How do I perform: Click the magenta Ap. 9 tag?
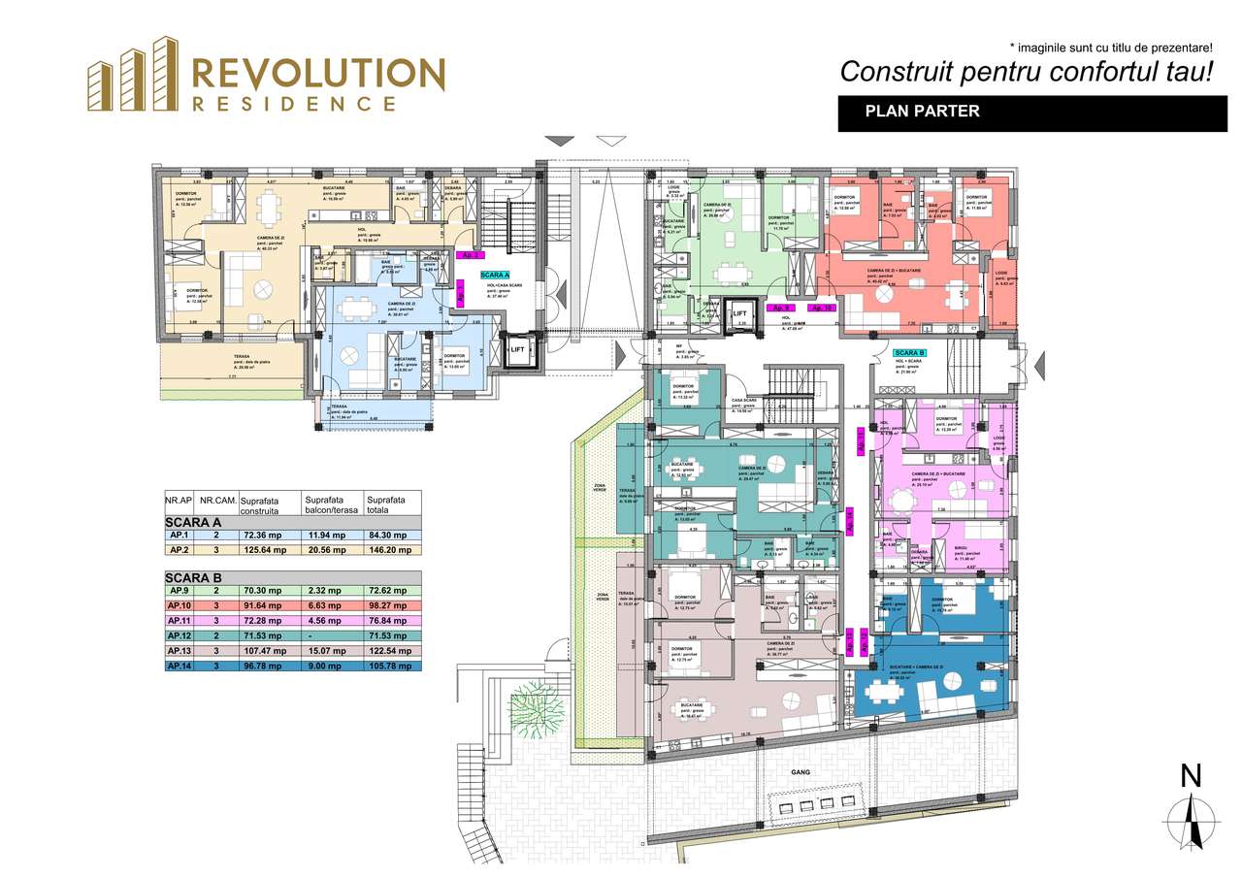(782, 308)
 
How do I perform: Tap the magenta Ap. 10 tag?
(822, 308)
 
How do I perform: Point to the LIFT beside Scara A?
(517, 349)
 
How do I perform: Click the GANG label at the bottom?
(800, 772)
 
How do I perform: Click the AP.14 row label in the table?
(179, 667)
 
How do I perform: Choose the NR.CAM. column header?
(214, 502)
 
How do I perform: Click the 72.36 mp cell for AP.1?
(265, 535)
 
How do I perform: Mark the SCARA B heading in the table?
(194, 577)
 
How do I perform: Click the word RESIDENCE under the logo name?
(293, 103)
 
